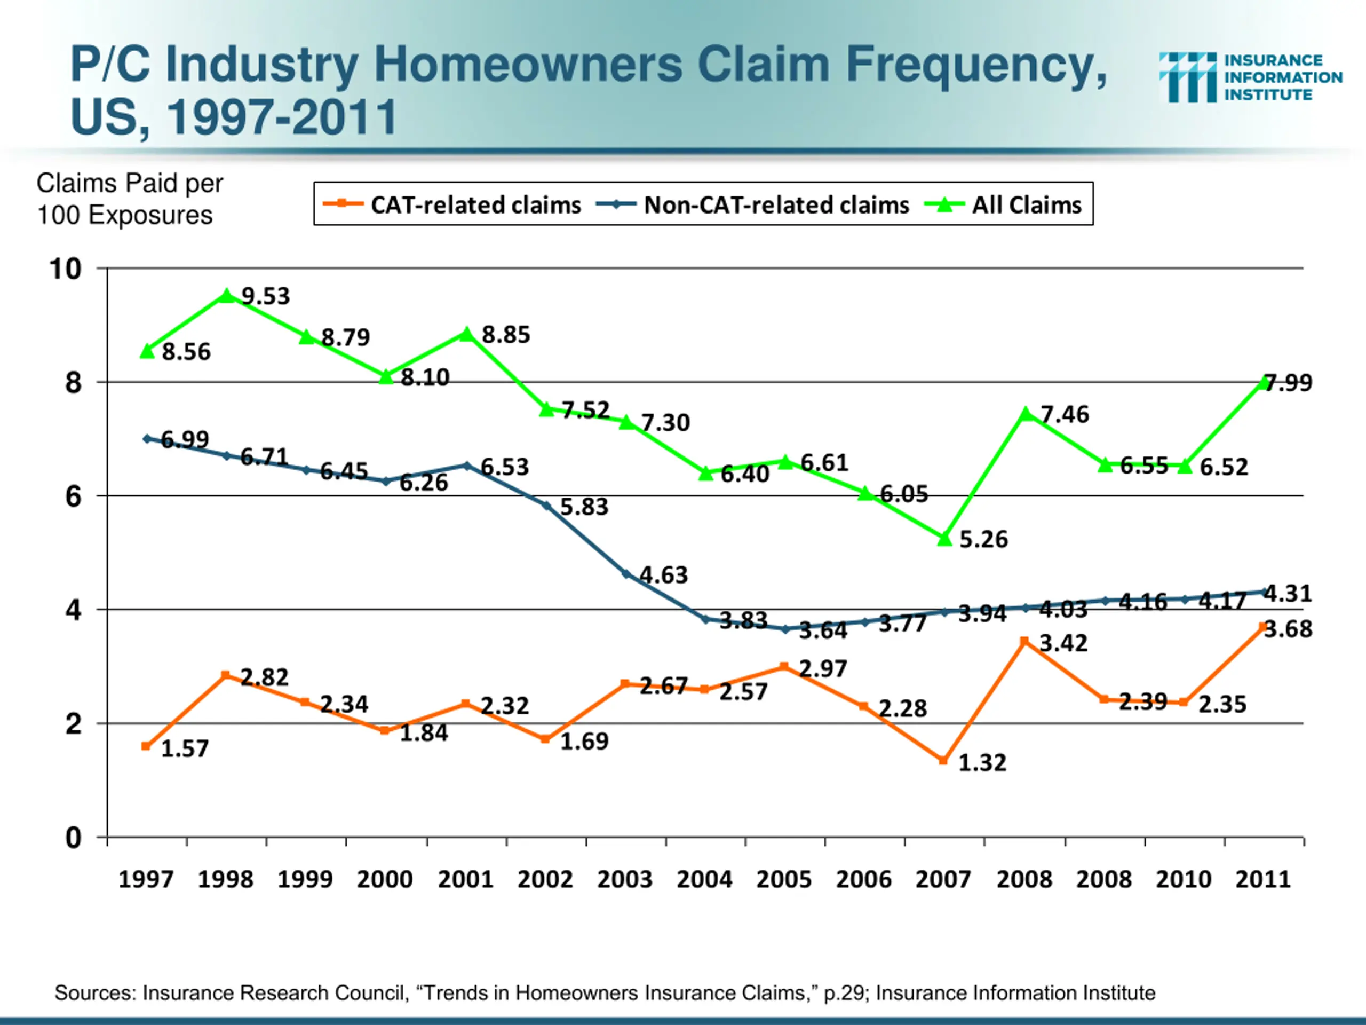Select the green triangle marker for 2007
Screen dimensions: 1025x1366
pos(944,539)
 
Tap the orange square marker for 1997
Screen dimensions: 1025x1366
pos(146,746)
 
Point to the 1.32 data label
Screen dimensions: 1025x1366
pos(982,763)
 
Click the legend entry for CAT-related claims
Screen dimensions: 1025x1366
pos(452,204)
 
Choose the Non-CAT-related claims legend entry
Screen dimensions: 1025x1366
pos(753,204)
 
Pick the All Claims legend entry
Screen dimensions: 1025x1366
pos(1005,204)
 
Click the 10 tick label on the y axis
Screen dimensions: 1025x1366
pos(66,270)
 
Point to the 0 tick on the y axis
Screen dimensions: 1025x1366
pos(74,838)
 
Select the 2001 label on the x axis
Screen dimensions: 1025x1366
pos(466,879)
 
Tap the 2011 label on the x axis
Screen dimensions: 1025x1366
pos(1263,879)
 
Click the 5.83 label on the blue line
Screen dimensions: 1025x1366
pos(584,507)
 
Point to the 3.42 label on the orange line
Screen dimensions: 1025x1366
pos(1063,644)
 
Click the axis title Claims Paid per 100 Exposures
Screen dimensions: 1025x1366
pos(129,199)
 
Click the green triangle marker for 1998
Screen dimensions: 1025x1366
pos(227,296)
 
